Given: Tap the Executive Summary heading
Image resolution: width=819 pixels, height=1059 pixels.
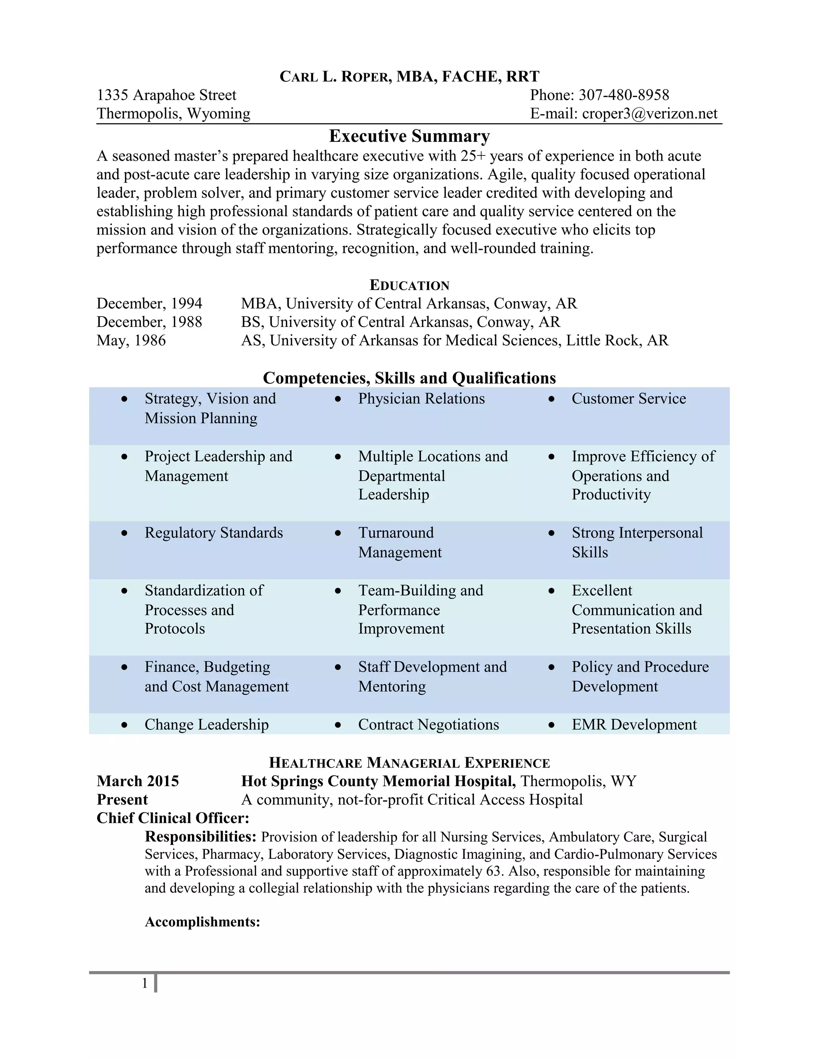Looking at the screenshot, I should coord(409,136).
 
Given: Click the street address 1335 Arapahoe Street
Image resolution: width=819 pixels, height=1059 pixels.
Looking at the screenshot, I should coord(166,95).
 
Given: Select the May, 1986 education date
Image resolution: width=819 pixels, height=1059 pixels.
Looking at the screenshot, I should coord(131,340).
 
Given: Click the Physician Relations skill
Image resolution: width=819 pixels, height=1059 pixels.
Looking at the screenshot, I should coord(421,398).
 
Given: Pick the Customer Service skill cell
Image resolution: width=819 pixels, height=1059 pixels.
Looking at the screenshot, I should coord(628,398).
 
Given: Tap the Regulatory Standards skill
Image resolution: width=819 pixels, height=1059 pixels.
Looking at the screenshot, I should coord(214,533).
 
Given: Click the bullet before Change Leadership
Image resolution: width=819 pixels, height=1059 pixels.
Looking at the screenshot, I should coord(125,725).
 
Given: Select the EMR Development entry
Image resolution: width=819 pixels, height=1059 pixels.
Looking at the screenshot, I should coord(634,725).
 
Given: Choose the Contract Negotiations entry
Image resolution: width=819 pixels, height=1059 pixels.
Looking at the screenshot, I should coord(428,725).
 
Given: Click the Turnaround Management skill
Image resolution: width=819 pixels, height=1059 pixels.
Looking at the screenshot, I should coord(400,543).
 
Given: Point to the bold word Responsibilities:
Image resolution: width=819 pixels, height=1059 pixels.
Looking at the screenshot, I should coord(200,836).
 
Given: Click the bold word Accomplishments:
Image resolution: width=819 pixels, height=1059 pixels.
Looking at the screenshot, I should coord(202,922).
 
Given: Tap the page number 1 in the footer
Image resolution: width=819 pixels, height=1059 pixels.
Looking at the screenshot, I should coord(145,983).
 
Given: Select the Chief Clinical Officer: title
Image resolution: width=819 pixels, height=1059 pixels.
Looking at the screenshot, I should coord(173,818).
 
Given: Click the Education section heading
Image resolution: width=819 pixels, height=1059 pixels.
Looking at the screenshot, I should coord(409,285).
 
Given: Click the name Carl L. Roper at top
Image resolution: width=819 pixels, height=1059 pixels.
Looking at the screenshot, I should coord(335,77).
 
